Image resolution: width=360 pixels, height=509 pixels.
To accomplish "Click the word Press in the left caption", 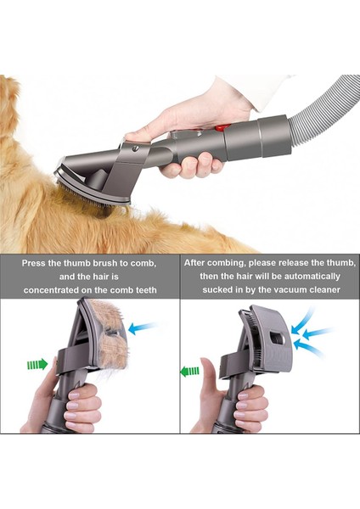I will pos(36,263).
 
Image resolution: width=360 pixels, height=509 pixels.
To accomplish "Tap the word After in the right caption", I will pos(200,263).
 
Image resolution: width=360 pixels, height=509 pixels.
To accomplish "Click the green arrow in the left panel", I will pos(37,365).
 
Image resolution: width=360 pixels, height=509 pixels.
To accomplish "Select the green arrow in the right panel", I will pos(189,370).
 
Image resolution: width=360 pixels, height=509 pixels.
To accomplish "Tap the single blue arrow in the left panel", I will pos(142,327).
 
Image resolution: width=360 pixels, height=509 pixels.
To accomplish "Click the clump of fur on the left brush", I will pos(110,335).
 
